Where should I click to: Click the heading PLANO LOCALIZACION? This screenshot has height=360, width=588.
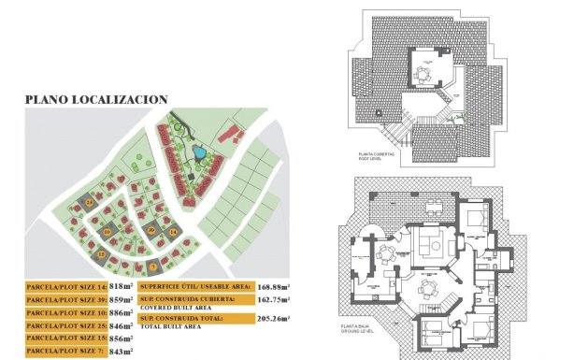96,98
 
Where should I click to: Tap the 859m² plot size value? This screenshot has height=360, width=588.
122,301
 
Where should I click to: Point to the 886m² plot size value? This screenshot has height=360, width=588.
122,318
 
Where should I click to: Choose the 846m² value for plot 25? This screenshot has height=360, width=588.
122,334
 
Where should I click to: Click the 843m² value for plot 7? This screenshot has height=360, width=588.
122,352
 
